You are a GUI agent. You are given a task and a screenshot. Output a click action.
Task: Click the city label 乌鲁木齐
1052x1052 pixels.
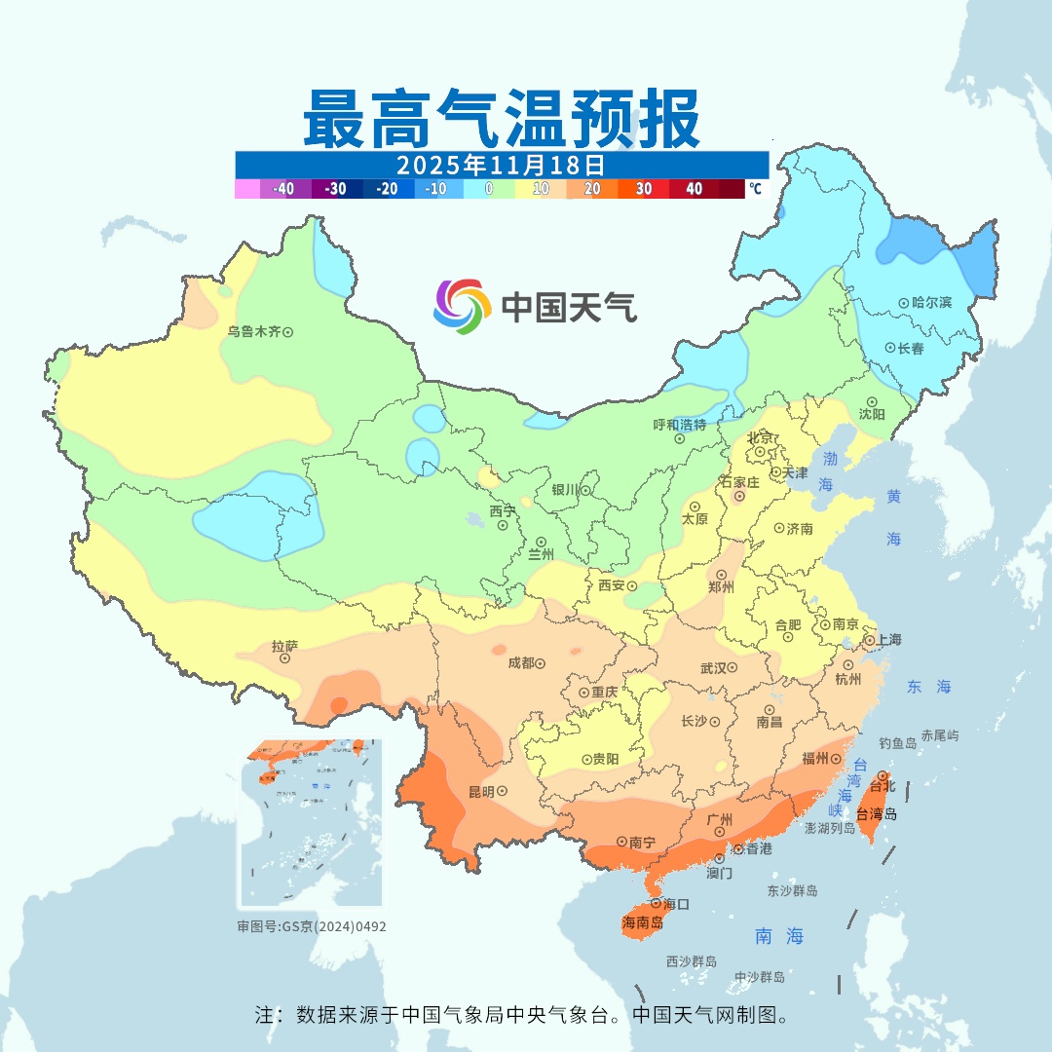coord(253,332)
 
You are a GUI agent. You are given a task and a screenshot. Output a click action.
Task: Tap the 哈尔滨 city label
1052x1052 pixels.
coord(931,303)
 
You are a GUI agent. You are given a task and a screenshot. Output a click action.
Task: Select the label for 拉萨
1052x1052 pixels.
coord(284,646)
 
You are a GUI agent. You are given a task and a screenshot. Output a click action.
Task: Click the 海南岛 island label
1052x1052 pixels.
coord(642,922)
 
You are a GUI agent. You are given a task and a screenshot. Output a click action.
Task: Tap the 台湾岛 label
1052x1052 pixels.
coord(877,813)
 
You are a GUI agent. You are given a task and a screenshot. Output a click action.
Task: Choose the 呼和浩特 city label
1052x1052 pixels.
coord(679,425)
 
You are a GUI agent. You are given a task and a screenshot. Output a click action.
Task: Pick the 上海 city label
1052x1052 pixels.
coord(888,640)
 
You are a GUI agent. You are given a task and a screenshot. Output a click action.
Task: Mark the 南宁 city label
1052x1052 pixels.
coord(642,841)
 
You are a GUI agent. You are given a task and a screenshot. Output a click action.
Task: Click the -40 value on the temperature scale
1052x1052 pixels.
coord(283,189)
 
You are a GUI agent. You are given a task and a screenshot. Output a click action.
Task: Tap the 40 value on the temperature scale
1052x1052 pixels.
coord(695,189)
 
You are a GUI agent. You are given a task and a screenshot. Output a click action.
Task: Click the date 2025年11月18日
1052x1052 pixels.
coord(501,164)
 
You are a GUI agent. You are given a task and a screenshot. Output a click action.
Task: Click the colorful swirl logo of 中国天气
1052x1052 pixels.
coord(462,307)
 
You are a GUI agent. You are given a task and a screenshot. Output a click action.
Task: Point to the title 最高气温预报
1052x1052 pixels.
coord(501,118)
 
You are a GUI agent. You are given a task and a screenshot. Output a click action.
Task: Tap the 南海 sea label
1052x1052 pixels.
coord(780,936)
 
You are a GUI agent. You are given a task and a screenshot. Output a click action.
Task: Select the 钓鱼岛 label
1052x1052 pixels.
coord(897,742)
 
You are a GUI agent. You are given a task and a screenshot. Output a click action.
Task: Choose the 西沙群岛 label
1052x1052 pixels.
coord(692,961)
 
